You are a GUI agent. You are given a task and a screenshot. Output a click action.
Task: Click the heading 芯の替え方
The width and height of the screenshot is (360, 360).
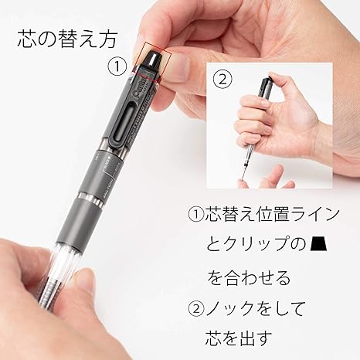pos(67,39)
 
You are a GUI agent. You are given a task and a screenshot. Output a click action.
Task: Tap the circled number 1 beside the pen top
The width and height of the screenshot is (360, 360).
pos(117,66)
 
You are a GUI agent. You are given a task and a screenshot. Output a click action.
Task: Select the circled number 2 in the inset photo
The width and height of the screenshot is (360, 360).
pos(222,79)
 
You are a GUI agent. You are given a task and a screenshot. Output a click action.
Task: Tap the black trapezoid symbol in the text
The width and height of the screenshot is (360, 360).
pos(319,243)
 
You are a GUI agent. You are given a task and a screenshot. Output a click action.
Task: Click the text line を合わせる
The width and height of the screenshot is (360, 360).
pos(249,277)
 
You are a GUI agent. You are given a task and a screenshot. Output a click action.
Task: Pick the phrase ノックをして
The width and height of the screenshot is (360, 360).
pos(255,308)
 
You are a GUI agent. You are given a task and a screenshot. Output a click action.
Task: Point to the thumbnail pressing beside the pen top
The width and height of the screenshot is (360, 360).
pos(177,67)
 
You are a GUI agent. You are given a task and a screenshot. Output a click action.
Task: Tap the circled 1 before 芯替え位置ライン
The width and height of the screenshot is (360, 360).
pos(196,215)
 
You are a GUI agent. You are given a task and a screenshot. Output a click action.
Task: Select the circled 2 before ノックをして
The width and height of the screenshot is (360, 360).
pos(196,308)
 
